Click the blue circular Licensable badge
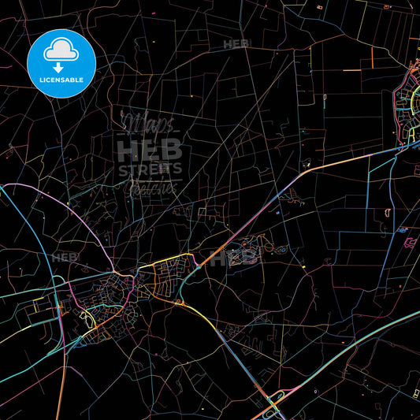point(61,63)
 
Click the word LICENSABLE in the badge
point(61,80)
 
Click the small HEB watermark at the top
point(236,44)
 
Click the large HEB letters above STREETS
point(150,148)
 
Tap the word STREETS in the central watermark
point(150,168)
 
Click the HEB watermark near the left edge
point(64,258)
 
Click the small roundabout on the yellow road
point(179,301)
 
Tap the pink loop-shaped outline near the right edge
point(409,242)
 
